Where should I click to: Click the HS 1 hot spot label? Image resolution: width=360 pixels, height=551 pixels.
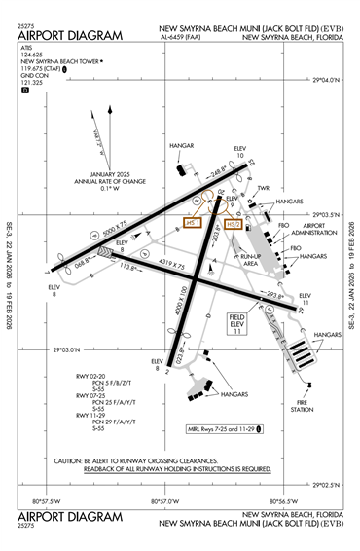[193, 223]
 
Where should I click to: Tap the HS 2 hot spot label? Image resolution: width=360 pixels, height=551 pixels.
[232, 224]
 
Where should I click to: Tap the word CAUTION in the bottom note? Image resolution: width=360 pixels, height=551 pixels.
[72, 460]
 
